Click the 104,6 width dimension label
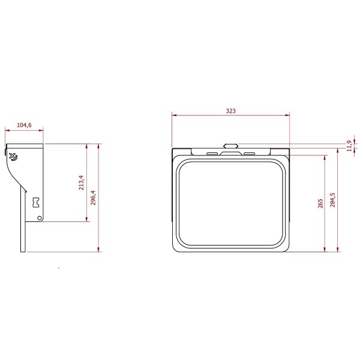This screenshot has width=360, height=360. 24,125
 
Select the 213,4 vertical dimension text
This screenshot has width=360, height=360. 82,182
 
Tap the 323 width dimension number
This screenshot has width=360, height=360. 230,110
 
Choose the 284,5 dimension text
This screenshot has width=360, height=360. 333,199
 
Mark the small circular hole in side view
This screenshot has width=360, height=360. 40,219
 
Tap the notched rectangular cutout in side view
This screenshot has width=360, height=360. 37,202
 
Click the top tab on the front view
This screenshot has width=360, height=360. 230,145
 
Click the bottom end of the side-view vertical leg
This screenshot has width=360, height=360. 24,250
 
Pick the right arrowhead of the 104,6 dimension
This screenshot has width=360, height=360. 43,129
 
